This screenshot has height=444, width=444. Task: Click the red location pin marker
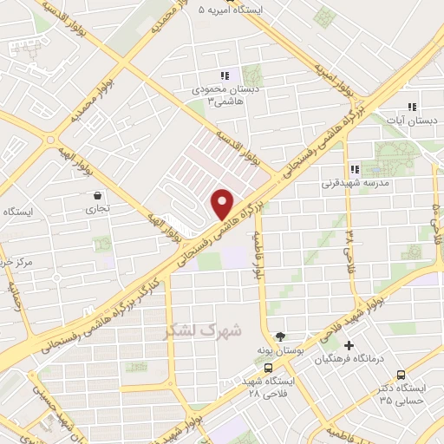[x=223, y=202]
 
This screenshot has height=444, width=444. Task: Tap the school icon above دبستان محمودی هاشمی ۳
[x=225, y=76]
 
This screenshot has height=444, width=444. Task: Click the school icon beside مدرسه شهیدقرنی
[x=353, y=169]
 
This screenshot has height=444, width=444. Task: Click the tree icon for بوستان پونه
[x=279, y=336]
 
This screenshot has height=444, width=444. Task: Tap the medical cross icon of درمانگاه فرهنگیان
[x=349, y=346]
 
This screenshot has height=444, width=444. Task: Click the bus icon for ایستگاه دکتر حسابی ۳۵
[x=400, y=375]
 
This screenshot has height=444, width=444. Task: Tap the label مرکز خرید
[x=15, y=261]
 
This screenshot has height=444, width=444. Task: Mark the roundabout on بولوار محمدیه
[x=52, y=138]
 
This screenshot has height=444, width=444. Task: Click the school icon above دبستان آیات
[x=412, y=108]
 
